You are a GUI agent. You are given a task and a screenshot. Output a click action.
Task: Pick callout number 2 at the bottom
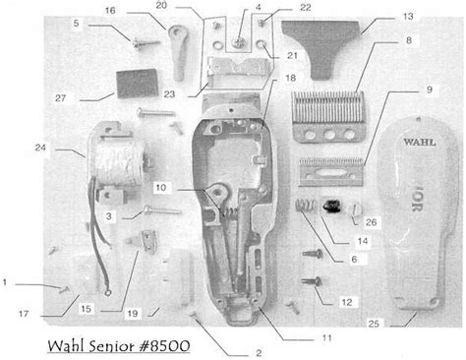[x=258, y=352]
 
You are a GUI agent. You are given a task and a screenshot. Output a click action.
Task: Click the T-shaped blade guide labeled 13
[x=330, y=50]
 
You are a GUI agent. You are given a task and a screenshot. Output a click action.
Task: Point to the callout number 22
[x=277, y=8]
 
